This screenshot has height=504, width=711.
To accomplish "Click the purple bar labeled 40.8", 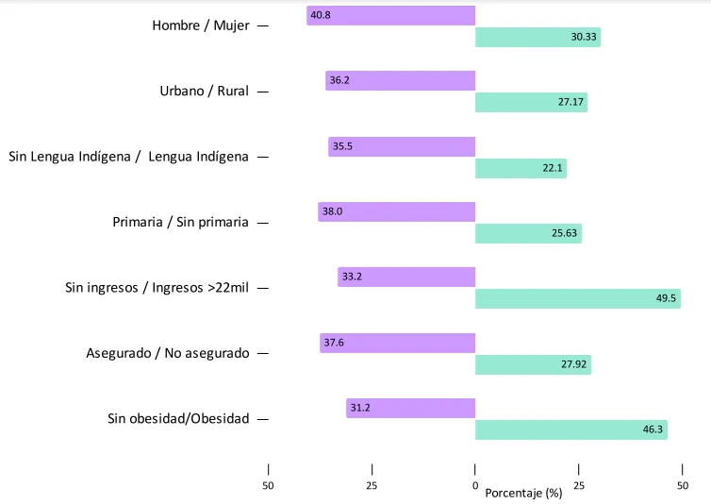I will click(391, 15).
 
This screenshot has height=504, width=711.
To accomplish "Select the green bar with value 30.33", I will click(537, 37).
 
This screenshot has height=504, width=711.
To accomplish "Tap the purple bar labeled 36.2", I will click(401, 81).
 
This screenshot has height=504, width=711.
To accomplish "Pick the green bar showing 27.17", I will click(531, 103).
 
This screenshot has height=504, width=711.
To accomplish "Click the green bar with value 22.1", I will click(521, 168).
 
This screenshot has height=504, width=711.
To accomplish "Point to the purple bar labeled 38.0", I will click(397, 211).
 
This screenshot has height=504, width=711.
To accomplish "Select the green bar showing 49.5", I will click(577, 298).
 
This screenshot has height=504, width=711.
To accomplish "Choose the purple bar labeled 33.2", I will click(406, 277).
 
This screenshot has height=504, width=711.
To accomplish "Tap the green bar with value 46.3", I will click(570, 429).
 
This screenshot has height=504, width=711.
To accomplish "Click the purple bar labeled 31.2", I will click(411, 408).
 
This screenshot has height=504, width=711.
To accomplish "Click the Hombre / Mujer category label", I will click(201, 25).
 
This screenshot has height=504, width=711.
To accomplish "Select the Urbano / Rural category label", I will click(205, 92).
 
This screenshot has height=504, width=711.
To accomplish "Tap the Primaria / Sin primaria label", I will click(180, 223).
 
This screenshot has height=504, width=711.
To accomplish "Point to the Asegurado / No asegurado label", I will click(168, 353).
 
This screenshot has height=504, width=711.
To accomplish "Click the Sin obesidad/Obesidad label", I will click(178, 418).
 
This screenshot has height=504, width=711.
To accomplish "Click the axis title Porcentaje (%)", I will click(522, 493).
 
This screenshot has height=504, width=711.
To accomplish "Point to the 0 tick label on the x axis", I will click(475, 486).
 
